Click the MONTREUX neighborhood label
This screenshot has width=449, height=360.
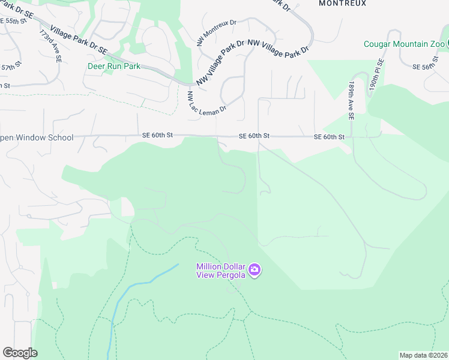[x=342, y=3]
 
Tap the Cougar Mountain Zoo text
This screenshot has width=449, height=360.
[x=405, y=44]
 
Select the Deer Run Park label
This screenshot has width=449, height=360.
[x=113, y=67]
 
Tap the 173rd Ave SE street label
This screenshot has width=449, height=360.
[x=50, y=47]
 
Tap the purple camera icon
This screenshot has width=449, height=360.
[x=255, y=271]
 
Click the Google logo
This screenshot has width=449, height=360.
[x=20, y=353]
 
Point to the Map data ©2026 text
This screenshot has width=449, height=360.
[x=423, y=355]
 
